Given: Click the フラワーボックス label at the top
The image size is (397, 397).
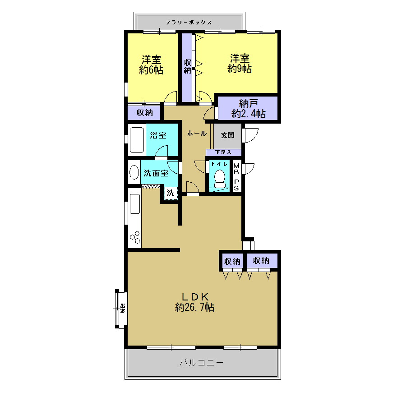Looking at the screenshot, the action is [x=189, y=23].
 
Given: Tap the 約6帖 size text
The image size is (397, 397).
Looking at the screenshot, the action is [x=151, y=70].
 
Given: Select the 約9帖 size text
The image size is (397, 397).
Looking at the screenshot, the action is [x=240, y=69].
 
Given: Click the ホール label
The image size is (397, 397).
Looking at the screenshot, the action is [x=197, y=134].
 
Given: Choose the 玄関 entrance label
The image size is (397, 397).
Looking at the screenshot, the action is [x=228, y=135].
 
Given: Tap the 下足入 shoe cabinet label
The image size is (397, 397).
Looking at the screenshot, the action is [x=223, y=152].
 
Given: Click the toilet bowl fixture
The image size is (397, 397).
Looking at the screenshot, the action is [x=220, y=179].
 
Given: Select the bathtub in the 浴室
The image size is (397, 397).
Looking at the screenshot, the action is [x=137, y=140].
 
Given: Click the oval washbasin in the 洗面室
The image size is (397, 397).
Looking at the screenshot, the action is [x=134, y=172].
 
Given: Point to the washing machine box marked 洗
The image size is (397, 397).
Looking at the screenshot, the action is [x=171, y=193].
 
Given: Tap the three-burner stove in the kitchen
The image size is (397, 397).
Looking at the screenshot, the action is [x=135, y=237].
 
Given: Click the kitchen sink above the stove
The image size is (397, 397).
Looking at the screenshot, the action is [x=135, y=204].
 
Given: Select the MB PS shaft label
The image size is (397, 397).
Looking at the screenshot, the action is [x=236, y=177].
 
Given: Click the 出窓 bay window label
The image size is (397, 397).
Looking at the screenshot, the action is [x=123, y=309].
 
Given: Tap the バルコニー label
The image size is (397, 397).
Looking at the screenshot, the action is [x=202, y=363].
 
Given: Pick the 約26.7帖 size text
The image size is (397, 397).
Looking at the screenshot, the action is [x=194, y=307].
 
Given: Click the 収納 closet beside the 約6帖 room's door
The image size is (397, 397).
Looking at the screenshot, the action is [x=144, y=113].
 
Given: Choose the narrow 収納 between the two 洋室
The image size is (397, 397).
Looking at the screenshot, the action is [x=187, y=67].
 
